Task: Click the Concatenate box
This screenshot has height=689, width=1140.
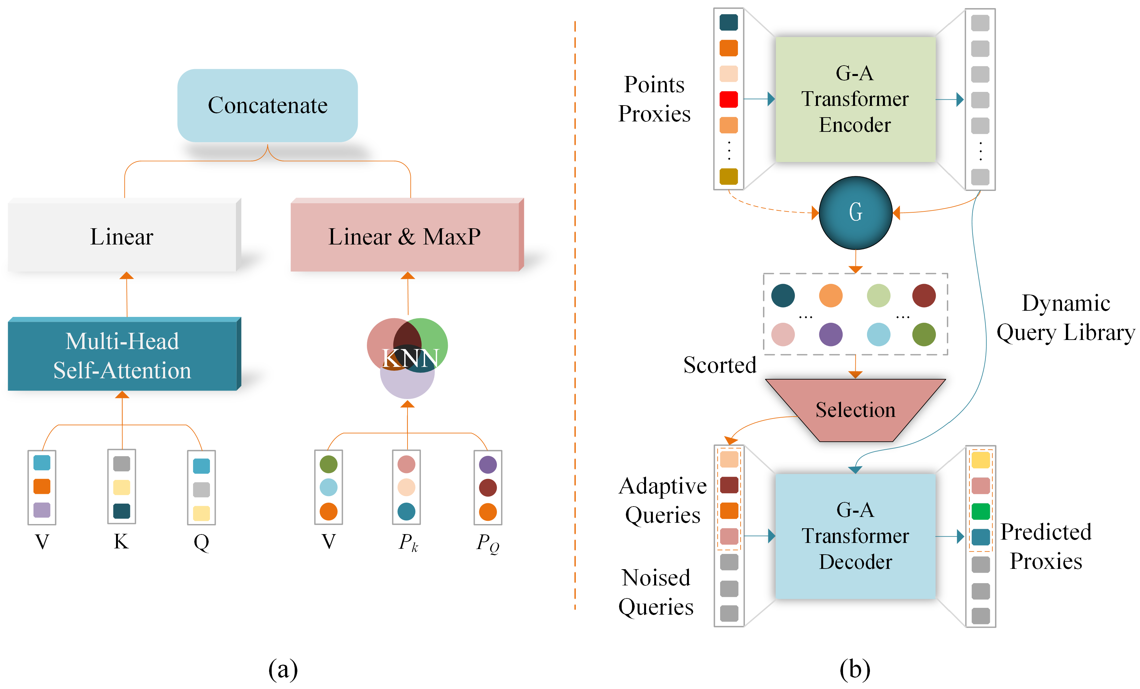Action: pos(267,106)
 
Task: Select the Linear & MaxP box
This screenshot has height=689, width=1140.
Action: pos(405,236)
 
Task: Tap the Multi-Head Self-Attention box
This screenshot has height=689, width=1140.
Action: pos(122,356)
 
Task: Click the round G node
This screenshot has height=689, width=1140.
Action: pos(855,213)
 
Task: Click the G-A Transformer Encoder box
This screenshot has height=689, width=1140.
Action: pos(855,99)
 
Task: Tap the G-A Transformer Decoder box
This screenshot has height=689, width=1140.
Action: pos(855,536)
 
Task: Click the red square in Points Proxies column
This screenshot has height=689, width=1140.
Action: pos(729,99)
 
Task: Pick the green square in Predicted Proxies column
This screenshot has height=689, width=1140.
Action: pos(980,511)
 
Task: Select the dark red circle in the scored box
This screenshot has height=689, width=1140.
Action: pos(924,295)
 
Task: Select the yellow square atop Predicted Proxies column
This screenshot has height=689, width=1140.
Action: pos(980,460)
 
